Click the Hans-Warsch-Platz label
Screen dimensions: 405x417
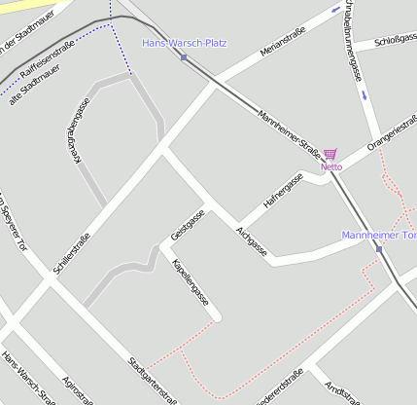coord(184,43)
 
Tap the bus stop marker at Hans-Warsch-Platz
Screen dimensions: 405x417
coord(184,56)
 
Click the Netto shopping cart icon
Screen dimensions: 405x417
coord(330,154)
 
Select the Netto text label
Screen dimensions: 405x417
coord(331,166)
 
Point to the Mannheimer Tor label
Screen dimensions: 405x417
coord(379,236)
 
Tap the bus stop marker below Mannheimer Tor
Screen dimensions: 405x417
coord(379,249)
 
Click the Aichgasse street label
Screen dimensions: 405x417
coord(251,241)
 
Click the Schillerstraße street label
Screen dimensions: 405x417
coord(73,250)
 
